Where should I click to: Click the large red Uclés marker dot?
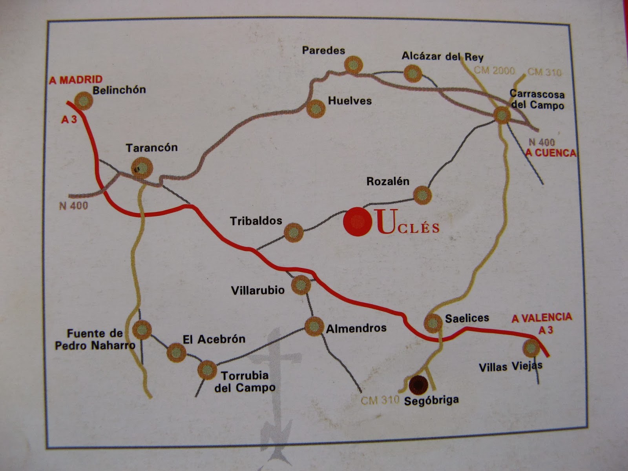[357, 222]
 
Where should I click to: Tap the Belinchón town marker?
[83, 101]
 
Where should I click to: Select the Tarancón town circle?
[142, 168]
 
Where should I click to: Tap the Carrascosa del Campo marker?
[502, 115]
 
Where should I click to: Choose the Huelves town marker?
[316, 108]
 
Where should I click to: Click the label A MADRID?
[76, 80]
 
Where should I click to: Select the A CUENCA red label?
[551, 153]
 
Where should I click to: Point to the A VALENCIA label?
[541, 318]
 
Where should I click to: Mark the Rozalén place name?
[388, 181]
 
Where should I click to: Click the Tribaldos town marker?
[293, 232]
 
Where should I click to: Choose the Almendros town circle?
[314, 326]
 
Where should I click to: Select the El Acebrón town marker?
[176, 352]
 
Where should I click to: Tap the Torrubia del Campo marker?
[207, 370]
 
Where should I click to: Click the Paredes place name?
[323, 50]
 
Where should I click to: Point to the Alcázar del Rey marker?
[413, 73]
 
